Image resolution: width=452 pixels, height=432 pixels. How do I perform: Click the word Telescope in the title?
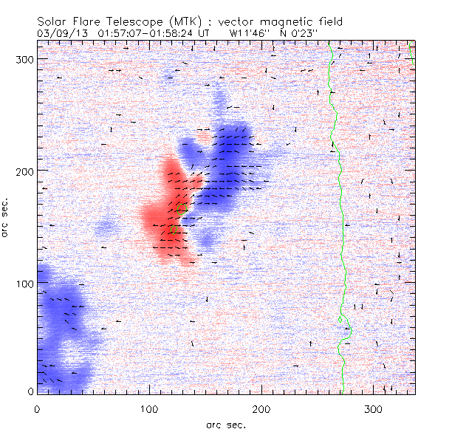coord(125,21)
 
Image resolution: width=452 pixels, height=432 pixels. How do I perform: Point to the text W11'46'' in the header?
coord(247,33)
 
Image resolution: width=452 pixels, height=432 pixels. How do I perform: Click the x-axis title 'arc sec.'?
coord(225,424)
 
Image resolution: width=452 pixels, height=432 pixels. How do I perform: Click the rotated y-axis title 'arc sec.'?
coord(6,219)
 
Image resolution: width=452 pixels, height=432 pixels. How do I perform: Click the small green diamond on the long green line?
coord(340,319)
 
